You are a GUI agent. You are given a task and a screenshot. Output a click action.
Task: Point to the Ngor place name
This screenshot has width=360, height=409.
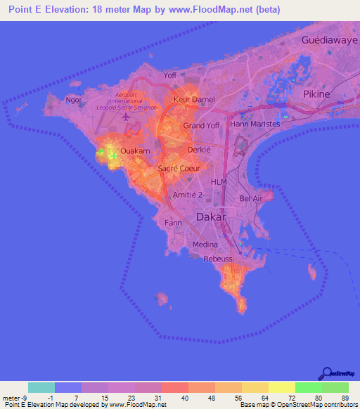coord(73,100)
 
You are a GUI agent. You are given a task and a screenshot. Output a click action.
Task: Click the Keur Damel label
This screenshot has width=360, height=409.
coord(193,100)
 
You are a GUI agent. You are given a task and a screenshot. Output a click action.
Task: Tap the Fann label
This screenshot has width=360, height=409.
coord(173,222)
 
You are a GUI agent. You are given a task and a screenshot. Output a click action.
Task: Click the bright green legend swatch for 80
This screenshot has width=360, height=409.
coord(308,388)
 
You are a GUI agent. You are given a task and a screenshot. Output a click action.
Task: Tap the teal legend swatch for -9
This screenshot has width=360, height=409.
coord(41,388)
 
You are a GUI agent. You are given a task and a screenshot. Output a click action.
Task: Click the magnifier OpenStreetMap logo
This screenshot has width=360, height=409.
coord(328,373)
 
